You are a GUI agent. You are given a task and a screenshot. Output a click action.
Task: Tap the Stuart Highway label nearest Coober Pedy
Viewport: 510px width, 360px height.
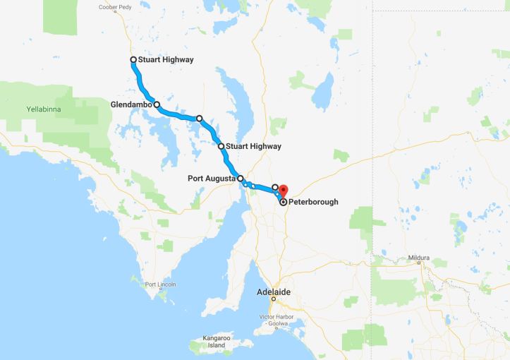tap(166, 60)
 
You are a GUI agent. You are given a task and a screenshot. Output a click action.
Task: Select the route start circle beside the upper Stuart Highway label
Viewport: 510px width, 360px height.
tap(133, 60)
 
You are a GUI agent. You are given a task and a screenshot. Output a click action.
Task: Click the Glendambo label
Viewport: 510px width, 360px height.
tap(131, 104)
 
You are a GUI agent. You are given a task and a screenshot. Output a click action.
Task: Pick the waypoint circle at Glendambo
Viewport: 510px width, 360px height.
tap(157, 104)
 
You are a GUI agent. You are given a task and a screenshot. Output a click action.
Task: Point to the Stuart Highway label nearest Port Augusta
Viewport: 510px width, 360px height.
tap(254, 146)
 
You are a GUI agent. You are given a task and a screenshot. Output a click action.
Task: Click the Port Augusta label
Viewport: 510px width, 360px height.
tap(211, 179)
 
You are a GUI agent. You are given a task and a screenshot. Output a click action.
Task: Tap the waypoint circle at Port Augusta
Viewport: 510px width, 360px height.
tap(241, 179)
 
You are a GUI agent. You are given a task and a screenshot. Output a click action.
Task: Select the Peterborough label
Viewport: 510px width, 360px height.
tap(313, 202)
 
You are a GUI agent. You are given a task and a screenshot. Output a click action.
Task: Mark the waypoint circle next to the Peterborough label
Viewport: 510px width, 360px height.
tap(284, 202)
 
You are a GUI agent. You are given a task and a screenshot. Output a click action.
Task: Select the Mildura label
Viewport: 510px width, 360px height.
tap(418, 258)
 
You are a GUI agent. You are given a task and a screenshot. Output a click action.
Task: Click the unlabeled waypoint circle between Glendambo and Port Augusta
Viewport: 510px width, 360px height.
tap(199, 119)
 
